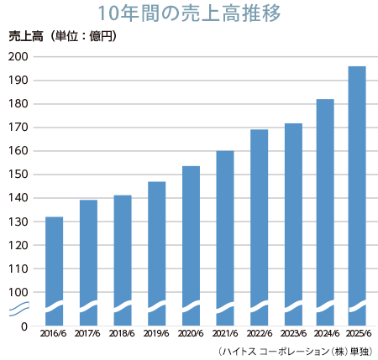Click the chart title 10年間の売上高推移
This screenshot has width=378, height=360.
point(188,13)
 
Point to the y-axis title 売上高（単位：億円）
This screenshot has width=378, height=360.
point(62,36)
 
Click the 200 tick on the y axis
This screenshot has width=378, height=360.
point(18,57)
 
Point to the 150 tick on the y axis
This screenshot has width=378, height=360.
point(18,175)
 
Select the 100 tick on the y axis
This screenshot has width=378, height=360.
point(18,292)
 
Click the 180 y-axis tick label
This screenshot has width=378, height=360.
point(18,104)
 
